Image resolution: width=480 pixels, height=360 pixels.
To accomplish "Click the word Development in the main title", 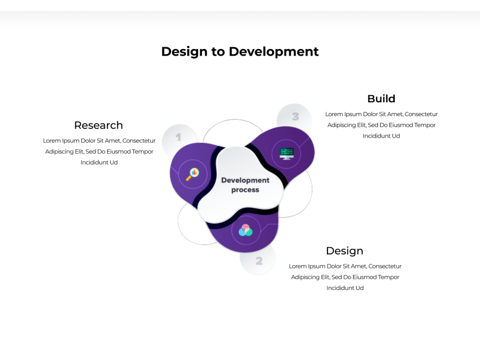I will click(274, 51).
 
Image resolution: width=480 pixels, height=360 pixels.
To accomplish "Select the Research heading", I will click(98, 125).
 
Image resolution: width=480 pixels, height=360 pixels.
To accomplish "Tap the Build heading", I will click(381, 98).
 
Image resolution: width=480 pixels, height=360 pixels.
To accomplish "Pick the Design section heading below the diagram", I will click(344, 251).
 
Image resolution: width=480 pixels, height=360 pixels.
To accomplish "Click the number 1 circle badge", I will click(179, 138).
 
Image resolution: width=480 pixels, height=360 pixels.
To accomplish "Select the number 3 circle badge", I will click(295, 116).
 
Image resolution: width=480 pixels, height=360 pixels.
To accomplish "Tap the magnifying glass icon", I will click(192, 174).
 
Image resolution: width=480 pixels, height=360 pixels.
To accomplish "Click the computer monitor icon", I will click(287, 154).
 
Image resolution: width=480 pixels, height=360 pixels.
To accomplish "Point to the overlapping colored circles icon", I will click(245, 230).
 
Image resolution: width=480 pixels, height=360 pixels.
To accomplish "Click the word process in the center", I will click(245, 190).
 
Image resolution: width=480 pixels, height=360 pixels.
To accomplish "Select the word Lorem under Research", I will click(52, 141).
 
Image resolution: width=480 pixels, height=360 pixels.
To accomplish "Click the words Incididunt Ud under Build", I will click(381, 136).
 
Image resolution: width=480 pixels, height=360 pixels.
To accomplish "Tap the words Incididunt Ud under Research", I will click(99, 162).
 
